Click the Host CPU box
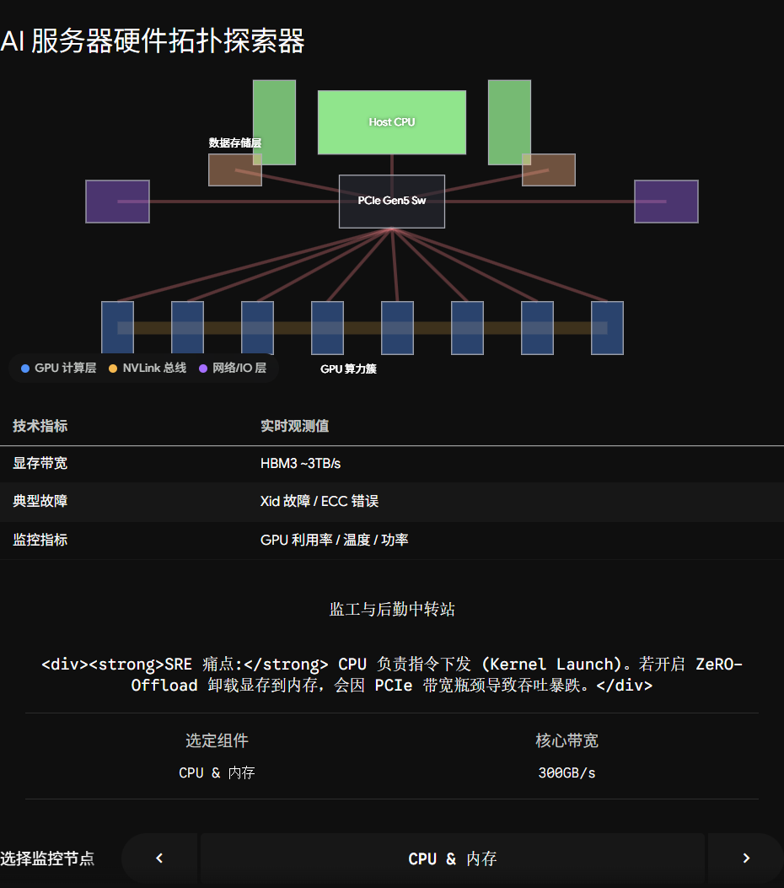click(392, 122)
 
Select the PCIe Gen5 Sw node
click(392, 201)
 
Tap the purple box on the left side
click(117, 202)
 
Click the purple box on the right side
click(666, 202)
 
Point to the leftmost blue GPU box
click(117, 328)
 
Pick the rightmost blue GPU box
click(607, 328)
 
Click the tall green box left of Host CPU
click(274, 122)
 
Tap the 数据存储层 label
click(235, 143)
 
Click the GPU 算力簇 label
click(348, 369)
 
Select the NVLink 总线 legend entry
click(148, 369)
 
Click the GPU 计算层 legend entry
click(59, 369)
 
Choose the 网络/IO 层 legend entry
click(233, 369)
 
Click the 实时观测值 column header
click(294, 426)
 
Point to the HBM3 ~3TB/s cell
click(301, 463)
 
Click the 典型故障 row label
click(40, 501)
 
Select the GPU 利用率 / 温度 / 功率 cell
click(334, 540)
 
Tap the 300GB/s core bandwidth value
click(567, 773)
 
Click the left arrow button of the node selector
click(159, 858)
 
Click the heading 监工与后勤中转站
click(392, 610)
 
